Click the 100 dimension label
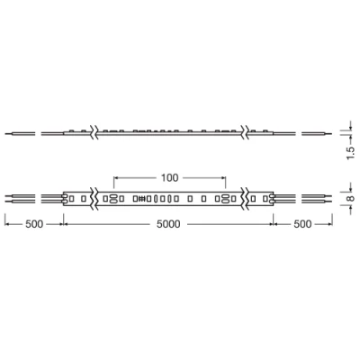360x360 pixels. point(169,177)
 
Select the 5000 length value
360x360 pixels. point(169,224)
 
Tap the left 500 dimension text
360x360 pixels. point(33,224)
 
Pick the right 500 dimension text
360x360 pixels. point(303,224)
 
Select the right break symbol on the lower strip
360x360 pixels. point(245,197)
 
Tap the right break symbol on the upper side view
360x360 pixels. point(245,132)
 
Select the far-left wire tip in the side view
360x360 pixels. point(6,132)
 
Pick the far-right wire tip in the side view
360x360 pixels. point(329,132)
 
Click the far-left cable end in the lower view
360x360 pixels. point(6,197)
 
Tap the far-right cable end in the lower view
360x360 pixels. point(330,197)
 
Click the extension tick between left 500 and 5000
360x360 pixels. point(62,221)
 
